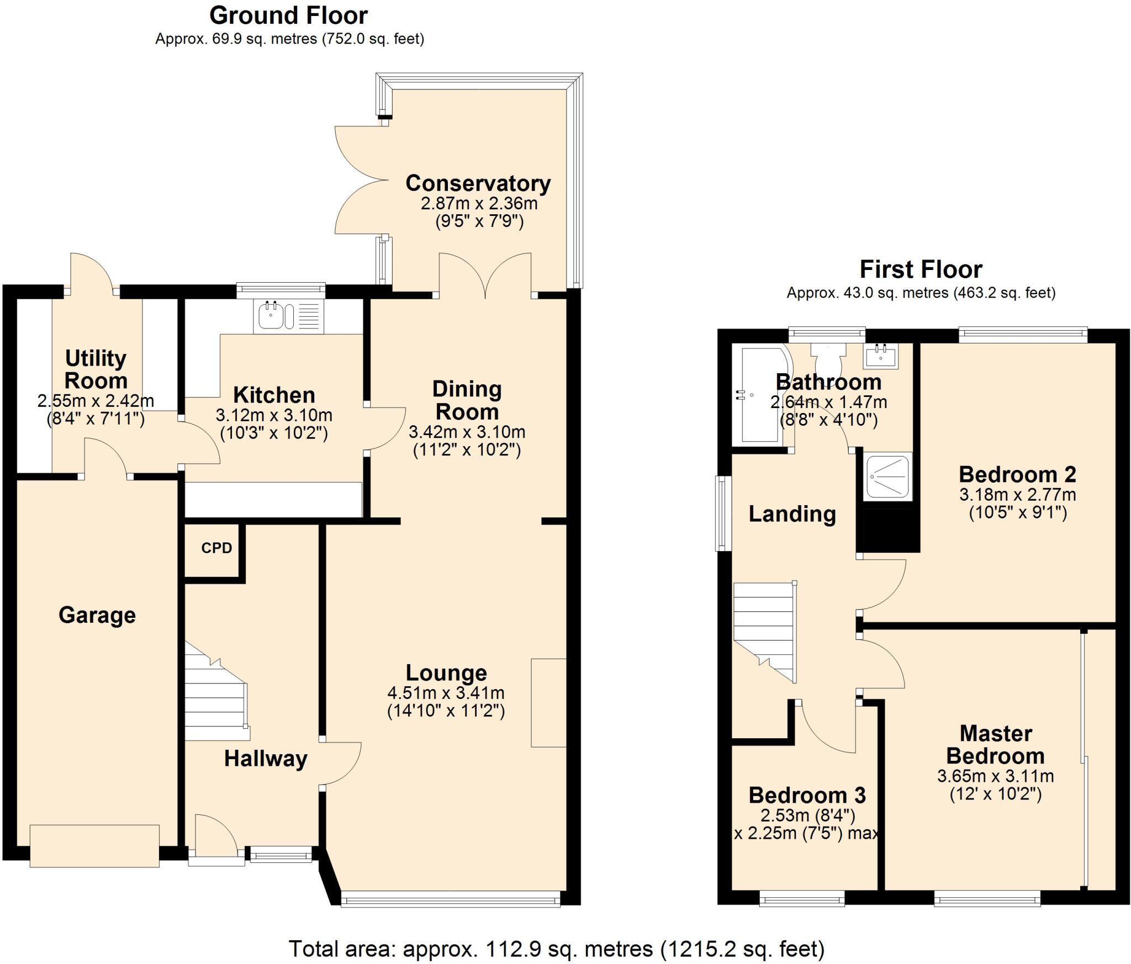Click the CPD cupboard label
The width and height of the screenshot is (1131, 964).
(x=216, y=548)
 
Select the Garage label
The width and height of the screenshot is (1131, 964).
(x=97, y=615)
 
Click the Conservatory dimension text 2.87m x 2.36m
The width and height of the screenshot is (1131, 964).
(x=479, y=204)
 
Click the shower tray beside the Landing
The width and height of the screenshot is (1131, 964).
(x=887, y=476)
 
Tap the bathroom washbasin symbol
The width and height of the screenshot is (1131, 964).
(x=881, y=356)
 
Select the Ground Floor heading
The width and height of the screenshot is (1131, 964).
(x=288, y=15)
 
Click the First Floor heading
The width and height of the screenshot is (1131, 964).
(x=921, y=269)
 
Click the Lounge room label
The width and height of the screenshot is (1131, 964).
(x=446, y=673)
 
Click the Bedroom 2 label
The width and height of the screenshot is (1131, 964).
(x=1017, y=474)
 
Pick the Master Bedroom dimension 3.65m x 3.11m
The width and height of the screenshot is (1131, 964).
(x=995, y=776)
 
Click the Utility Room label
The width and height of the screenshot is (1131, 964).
(x=96, y=369)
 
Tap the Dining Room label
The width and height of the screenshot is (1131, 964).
(x=467, y=400)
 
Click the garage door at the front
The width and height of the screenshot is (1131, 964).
(x=94, y=846)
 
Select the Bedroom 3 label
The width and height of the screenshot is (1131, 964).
(x=807, y=795)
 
